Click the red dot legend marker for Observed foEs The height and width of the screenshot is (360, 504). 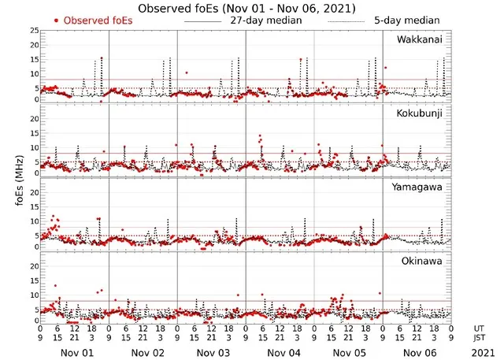tap(56, 20)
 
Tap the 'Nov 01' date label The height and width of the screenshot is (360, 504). tap(76, 353)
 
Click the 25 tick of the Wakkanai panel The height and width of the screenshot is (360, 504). tap(34, 31)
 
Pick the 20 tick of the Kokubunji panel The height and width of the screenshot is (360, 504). tap(34, 118)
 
